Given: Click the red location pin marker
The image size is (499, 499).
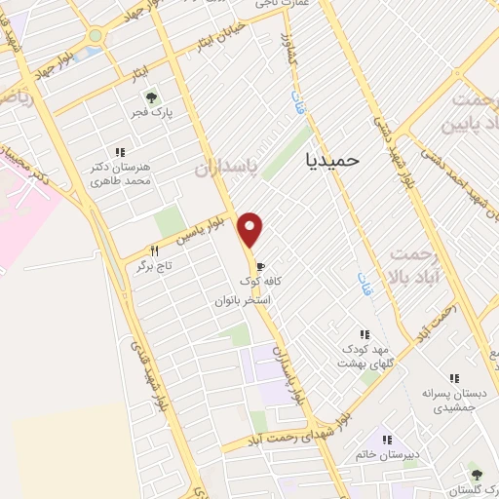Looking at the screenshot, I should [x=251, y=228].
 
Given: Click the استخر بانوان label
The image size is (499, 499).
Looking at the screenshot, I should [x=244, y=301].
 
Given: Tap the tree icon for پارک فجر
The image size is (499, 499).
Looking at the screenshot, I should [x=150, y=97].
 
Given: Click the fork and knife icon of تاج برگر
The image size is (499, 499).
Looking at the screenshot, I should [x=154, y=249].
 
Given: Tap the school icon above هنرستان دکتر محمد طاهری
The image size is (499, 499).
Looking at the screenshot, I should [x=120, y=152].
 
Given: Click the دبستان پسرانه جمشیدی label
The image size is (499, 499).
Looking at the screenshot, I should [x=452, y=402].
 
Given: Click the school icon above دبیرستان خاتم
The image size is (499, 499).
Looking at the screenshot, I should [x=386, y=441].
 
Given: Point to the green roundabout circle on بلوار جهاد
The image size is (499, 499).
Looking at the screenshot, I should [x=95, y=36].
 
